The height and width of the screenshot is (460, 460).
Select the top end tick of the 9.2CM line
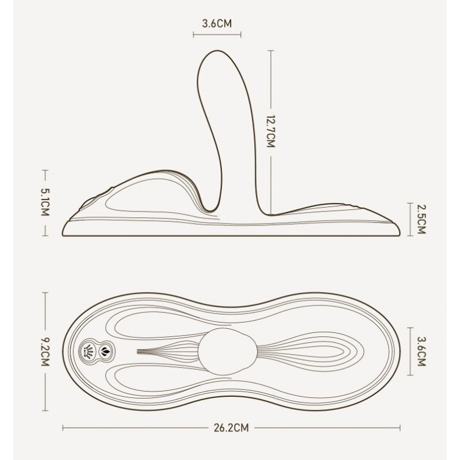45,292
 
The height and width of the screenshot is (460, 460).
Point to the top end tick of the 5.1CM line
45,170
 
